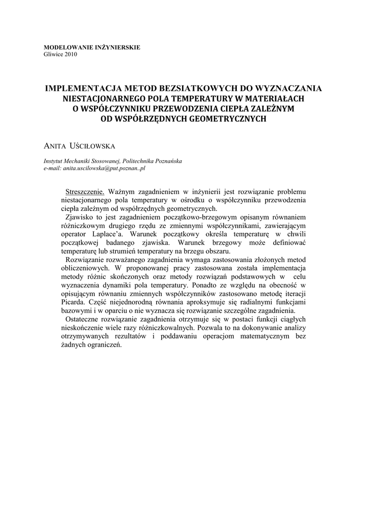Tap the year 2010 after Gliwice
click(70, 54)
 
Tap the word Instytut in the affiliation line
click(53, 161)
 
